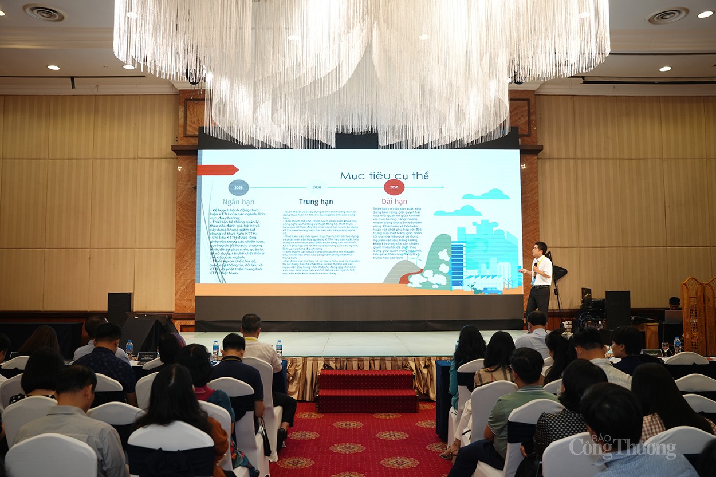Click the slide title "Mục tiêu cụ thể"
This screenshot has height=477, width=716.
point(384,176)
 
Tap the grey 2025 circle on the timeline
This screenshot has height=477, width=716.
point(238,188)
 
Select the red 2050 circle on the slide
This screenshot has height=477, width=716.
point(394,187)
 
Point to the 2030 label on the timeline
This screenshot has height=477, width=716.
point(317,187)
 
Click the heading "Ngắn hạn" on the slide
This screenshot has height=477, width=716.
point(238,202)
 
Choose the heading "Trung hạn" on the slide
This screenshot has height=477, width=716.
point(316,202)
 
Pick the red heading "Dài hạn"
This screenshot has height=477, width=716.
point(394,202)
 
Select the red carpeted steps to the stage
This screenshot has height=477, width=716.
point(367,391)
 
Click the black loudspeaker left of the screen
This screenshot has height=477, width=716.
point(119,309)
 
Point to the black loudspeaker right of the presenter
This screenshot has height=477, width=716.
point(617,309)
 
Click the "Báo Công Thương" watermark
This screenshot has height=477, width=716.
point(623,447)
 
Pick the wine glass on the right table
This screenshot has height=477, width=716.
point(665,348)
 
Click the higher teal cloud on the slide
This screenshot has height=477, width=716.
point(486,195)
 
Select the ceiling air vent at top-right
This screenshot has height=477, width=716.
point(667,15)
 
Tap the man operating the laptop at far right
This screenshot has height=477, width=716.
point(674,303)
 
